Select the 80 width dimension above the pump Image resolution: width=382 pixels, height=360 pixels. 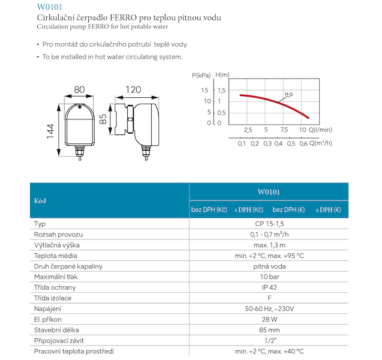point(79,90)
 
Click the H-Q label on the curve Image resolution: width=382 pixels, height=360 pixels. point(288,94)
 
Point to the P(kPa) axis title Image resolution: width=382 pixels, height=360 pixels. point(202,76)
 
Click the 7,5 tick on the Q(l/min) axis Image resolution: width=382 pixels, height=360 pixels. point(284,130)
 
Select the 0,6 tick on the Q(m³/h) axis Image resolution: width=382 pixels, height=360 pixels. point(303,143)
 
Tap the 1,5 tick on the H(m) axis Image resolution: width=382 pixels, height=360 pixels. point(222,90)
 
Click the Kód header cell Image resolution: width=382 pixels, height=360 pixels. point(40,200)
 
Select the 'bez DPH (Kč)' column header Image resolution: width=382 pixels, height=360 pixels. point(209,209)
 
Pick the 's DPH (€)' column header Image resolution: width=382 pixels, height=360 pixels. point(329,209)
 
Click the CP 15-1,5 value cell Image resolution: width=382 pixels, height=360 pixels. point(269,223)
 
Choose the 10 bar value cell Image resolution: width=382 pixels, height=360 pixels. point(269,277)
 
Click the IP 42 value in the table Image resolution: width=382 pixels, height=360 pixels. point(269,287)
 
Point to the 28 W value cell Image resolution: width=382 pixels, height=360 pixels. point(269,319)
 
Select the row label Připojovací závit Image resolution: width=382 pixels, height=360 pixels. point(59,341)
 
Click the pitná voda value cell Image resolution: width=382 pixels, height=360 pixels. point(269,266)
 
